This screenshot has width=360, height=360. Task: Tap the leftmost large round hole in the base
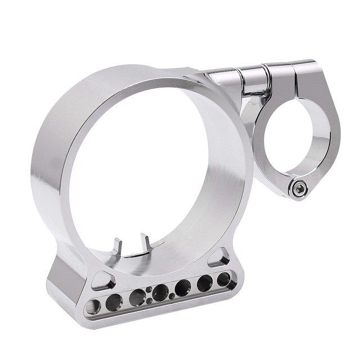(93, 307)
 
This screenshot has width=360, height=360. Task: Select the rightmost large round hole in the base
(223, 278)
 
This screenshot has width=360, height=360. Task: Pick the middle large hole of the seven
(160, 292)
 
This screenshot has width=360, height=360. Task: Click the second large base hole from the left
(114, 303)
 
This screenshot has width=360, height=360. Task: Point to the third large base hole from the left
(137, 298)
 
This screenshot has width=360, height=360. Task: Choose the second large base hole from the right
(204, 283)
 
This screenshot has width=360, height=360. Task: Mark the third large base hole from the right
(182, 287)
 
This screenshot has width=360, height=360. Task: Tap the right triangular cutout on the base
(219, 259)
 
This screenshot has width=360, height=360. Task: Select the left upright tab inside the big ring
(118, 246)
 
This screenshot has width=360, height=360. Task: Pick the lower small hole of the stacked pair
(149, 300)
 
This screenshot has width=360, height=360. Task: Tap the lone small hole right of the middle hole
(172, 296)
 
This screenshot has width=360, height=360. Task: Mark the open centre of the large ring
(141, 169)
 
